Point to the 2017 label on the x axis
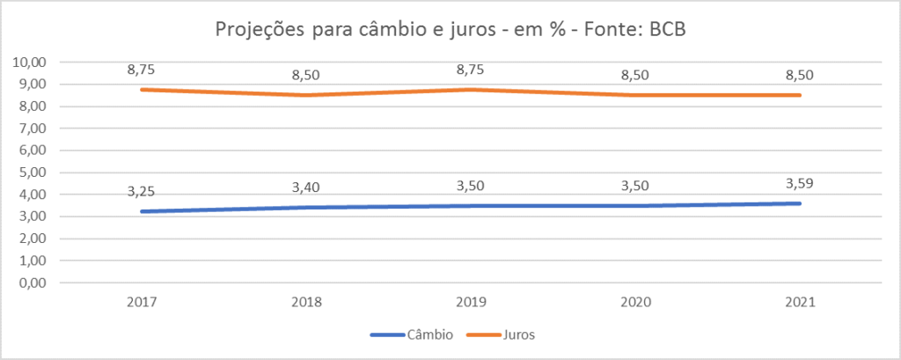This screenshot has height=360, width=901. click(141, 302)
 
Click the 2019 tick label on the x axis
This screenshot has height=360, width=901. click(471, 302)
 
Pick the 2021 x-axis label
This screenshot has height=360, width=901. click(800, 302)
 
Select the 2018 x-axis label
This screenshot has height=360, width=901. click(305, 302)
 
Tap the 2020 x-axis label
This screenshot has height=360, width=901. click(635, 302)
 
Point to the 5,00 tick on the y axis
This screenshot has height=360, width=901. click(32, 173)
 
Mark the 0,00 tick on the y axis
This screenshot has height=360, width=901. click(32, 283)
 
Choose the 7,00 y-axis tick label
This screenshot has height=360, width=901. click(32, 129)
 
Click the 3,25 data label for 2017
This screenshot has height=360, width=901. click(141, 190)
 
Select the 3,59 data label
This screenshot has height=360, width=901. click(800, 183)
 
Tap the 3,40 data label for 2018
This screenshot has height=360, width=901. click(305, 187)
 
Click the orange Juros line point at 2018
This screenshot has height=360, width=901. click(305, 95)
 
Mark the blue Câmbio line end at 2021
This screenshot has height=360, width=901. click(800, 203)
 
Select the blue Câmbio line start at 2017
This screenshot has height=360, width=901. click(141, 211)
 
